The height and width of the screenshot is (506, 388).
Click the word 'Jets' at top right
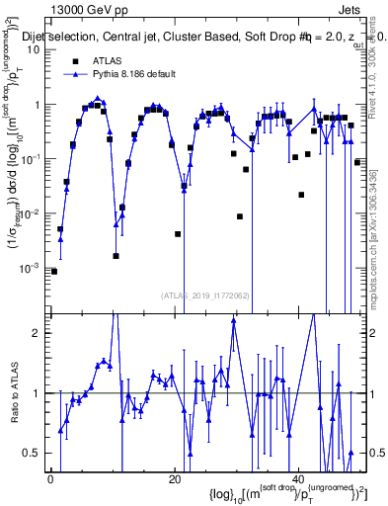349,8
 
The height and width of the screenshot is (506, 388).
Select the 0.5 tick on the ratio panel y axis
35,453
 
